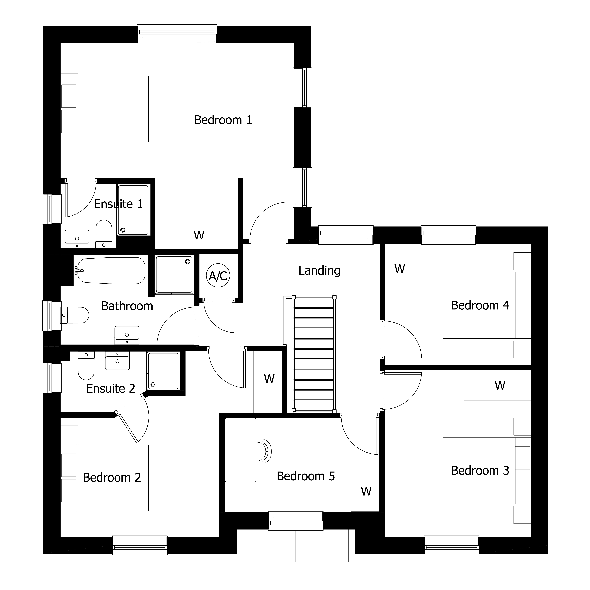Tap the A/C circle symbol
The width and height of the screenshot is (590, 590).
[x=218, y=276]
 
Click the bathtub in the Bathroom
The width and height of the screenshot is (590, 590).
[x=111, y=271]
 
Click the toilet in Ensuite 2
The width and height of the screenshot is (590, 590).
[x=86, y=366]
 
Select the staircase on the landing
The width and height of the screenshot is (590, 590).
[x=314, y=354]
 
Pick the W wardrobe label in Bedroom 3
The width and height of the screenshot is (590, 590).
[x=500, y=385]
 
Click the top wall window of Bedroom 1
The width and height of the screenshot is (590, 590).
[x=177, y=34]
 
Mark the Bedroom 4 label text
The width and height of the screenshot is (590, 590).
[x=480, y=305]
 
